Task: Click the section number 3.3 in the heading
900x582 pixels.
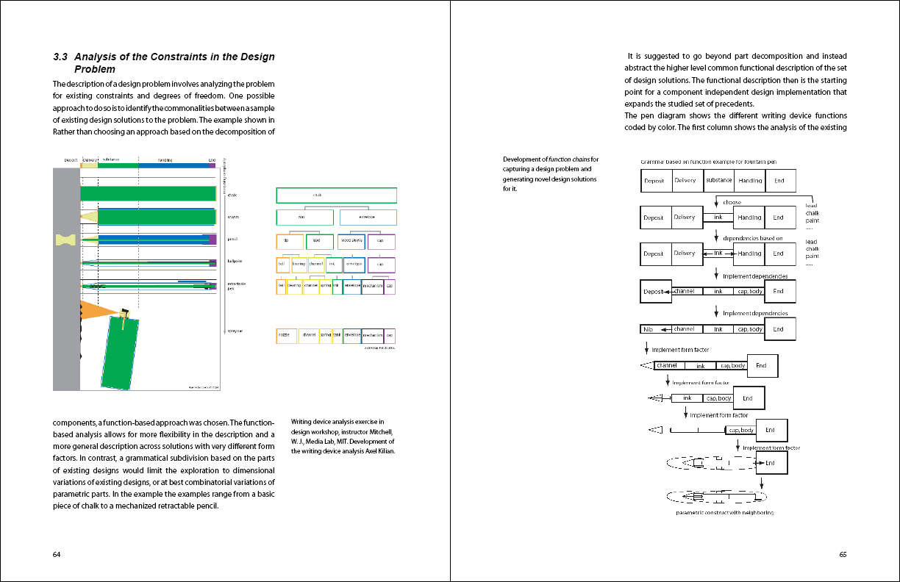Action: point(61,57)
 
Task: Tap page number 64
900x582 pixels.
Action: point(57,554)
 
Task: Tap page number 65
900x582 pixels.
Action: point(843,555)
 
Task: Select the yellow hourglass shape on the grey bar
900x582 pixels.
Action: point(65,240)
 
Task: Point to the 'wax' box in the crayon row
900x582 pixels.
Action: point(301,218)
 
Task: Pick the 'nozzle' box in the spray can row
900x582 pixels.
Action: point(286,336)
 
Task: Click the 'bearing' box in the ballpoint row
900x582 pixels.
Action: point(299,263)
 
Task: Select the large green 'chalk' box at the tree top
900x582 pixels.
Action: point(336,195)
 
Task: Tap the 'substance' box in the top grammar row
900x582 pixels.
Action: point(718,181)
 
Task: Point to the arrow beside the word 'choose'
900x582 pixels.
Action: point(716,203)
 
